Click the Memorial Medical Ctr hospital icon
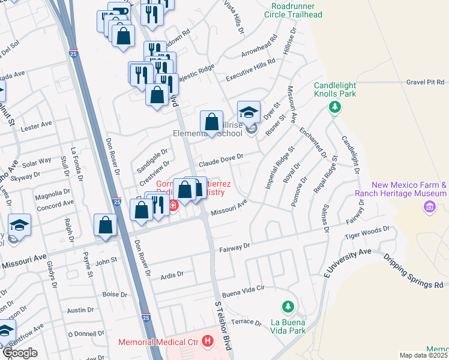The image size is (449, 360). click(208, 341)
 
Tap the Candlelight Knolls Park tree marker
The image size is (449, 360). click(335, 107)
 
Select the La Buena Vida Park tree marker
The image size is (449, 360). click(288, 307)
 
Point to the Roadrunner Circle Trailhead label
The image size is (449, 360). click(297, 10)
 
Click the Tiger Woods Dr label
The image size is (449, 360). click(367, 232)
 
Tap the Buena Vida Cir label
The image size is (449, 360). click(244, 288)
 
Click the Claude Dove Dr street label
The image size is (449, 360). click(221, 158)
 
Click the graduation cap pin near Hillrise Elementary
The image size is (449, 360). click(249, 112)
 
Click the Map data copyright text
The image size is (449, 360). click(424, 355)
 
